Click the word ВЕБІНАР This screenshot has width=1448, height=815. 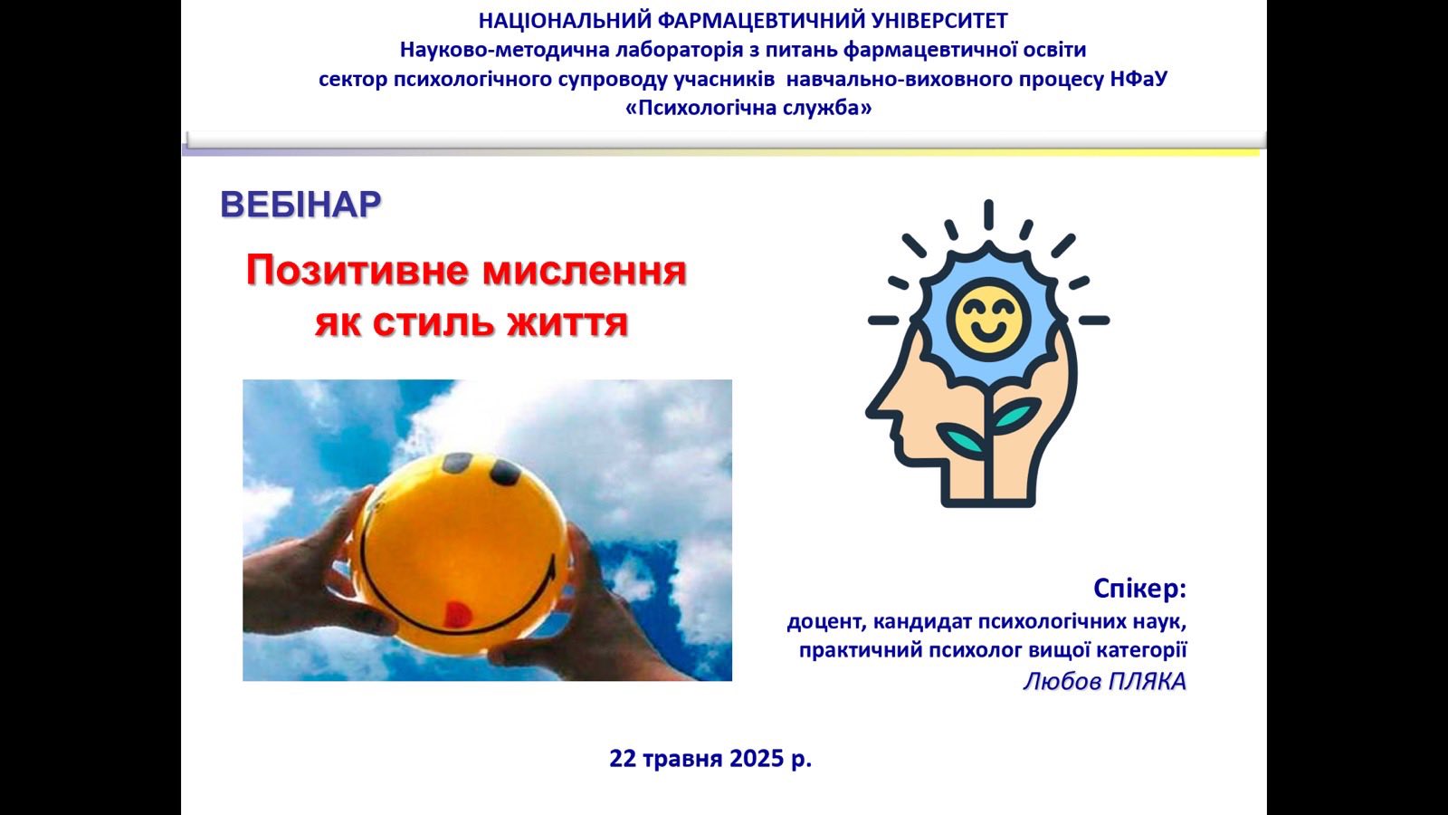click(x=300, y=205)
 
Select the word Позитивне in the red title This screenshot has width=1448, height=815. click(x=357, y=272)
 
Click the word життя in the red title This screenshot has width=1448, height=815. click(x=567, y=322)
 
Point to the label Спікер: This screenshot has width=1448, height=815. click(x=1139, y=588)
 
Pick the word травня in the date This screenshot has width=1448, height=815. click(x=682, y=760)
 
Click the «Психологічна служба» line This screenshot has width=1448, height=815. click(x=748, y=108)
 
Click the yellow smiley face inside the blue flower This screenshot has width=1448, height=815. click(x=988, y=320)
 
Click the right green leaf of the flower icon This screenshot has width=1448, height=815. click(x=1016, y=415)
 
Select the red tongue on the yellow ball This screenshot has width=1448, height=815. click(x=456, y=614)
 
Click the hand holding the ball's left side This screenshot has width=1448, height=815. click(x=310, y=570)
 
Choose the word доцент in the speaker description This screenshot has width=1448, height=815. click(x=824, y=622)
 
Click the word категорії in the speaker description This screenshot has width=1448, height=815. click(x=1141, y=650)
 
